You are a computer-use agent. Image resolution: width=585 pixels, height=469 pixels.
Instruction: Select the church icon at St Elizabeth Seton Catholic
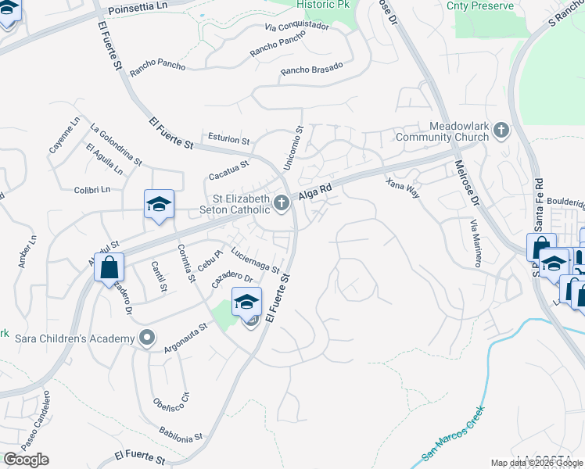(282, 204)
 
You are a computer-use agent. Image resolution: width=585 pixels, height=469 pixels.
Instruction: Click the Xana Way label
(403, 187)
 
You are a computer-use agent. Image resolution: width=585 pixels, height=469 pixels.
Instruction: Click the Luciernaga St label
(256, 260)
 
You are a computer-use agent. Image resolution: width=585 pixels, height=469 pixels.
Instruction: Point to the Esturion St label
(228, 141)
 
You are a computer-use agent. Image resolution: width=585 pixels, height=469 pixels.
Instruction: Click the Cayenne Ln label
(64, 134)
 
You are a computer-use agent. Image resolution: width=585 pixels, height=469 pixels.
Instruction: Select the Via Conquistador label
(296, 26)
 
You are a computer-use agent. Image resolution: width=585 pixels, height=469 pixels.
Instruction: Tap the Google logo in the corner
(26, 459)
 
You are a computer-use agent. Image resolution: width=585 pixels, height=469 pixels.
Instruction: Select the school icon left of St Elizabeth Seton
(158, 205)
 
